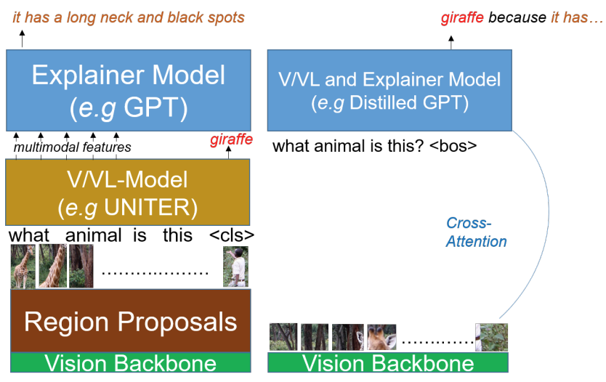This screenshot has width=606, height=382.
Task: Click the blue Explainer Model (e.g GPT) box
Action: coord(129,90)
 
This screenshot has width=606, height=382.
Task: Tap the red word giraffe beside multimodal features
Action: coord(231,139)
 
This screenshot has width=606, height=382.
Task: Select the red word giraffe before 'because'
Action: coord(463,17)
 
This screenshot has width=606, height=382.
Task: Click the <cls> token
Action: coord(232,236)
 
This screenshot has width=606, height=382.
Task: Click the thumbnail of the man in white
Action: coord(235,267)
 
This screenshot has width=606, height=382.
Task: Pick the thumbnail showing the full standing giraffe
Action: coord(23,267)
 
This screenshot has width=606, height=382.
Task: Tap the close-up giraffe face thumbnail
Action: coord(381,337)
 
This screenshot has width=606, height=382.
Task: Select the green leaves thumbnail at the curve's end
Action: coord(491,337)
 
